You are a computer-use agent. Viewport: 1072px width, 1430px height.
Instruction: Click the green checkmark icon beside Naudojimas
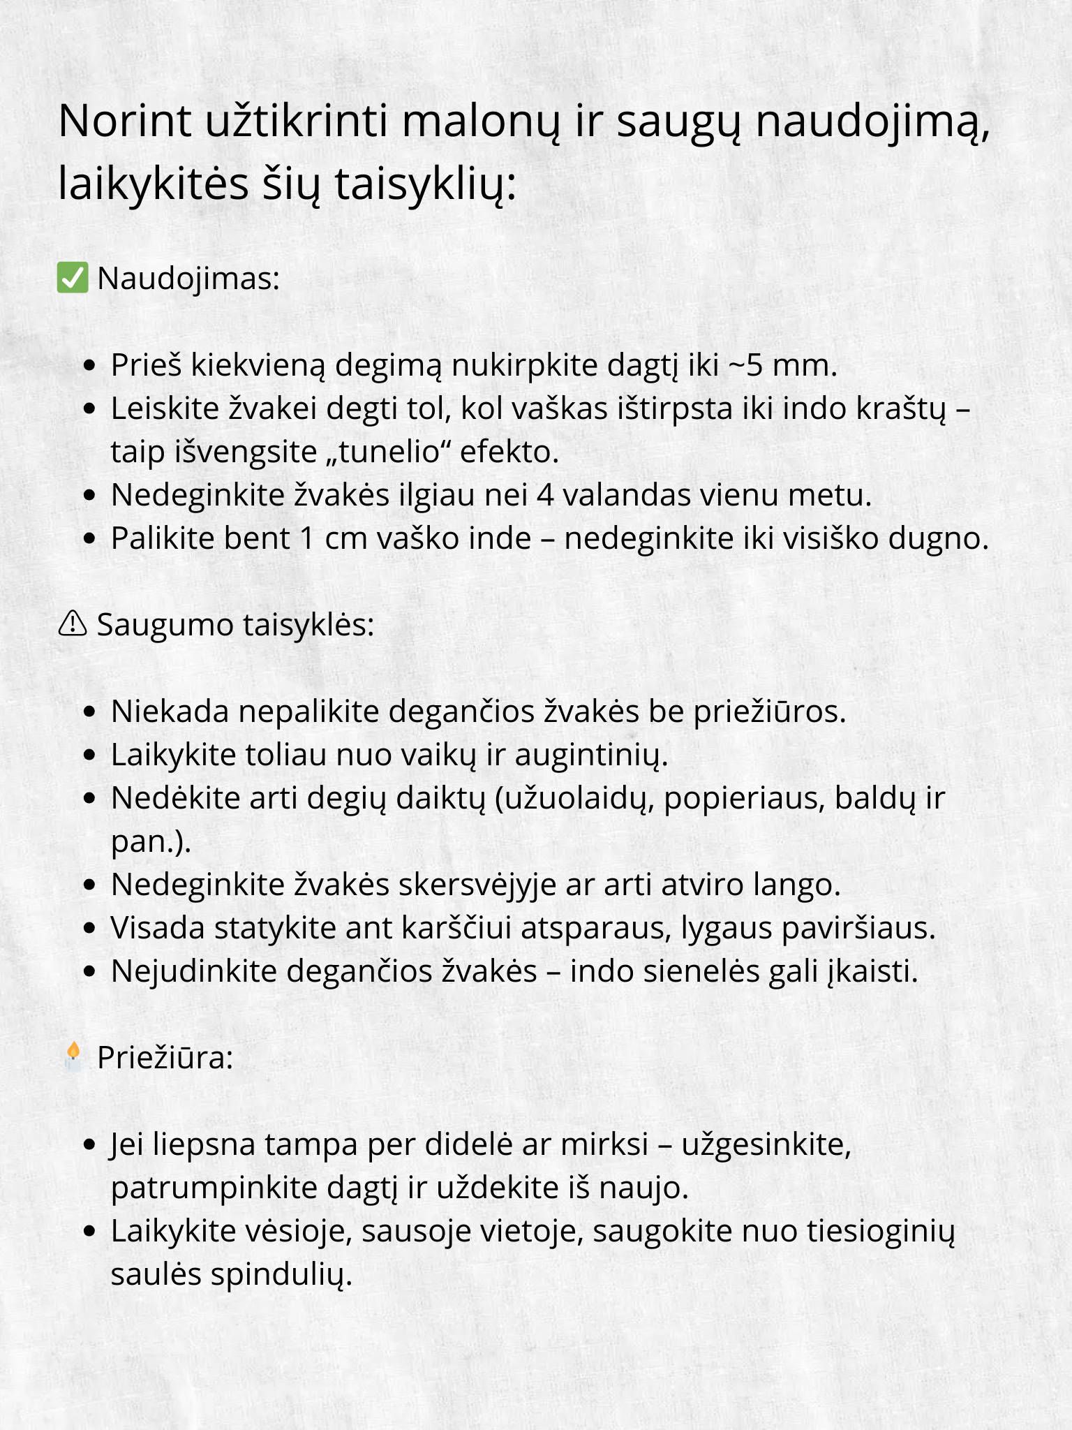[x=73, y=278]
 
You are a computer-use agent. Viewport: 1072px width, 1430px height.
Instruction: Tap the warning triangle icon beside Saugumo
[x=73, y=624]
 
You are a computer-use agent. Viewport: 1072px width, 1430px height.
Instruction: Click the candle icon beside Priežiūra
[x=73, y=1056]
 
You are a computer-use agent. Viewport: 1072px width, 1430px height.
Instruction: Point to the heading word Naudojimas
[x=188, y=279]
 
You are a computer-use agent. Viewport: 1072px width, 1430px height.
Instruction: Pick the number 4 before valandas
[x=545, y=495]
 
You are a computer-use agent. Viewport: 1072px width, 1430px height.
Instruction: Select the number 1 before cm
[x=307, y=538]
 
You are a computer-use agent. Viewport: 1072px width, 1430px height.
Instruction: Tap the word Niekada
[x=170, y=712]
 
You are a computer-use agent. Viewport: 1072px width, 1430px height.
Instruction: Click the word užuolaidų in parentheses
[x=579, y=798]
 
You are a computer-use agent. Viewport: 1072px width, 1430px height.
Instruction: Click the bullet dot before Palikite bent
[x=89, y=539]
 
